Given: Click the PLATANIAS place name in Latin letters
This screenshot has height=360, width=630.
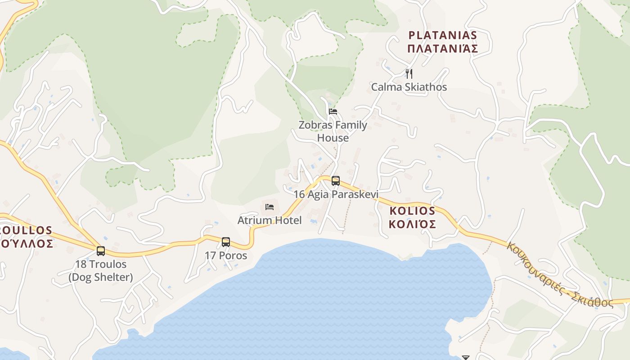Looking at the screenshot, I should pos(442,35).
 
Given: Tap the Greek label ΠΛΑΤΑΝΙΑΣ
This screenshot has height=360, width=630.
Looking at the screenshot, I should pos(442,49).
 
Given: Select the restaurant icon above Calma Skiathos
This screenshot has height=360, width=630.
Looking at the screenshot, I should pos(409,73).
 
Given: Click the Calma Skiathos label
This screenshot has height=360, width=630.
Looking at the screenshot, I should pos(409,87).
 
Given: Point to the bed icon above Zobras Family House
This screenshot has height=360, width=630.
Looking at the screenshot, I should pos(333,112).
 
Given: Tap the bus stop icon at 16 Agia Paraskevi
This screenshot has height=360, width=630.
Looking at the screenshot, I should pos(336,181).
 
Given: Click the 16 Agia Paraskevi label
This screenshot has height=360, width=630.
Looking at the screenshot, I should pos(336,194).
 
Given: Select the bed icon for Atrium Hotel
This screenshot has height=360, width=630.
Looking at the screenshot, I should pos(270,207).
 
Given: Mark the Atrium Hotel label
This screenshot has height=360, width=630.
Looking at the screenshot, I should pos(270,220).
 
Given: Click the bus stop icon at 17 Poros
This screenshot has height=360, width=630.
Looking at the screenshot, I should pos(226,242).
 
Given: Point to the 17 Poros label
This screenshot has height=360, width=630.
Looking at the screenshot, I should pos(226,256).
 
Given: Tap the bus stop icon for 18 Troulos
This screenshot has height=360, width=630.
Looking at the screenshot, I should pos(101,251).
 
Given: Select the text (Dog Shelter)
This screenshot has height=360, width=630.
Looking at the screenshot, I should pos(101,277).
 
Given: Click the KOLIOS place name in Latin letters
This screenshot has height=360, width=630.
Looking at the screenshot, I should pos(412,211).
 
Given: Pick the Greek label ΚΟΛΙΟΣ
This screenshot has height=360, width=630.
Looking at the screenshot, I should pos(412,224).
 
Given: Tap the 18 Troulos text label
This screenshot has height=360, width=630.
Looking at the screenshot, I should pos(101,264).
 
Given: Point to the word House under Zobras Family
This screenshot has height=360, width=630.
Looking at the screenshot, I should pos(333,138).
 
